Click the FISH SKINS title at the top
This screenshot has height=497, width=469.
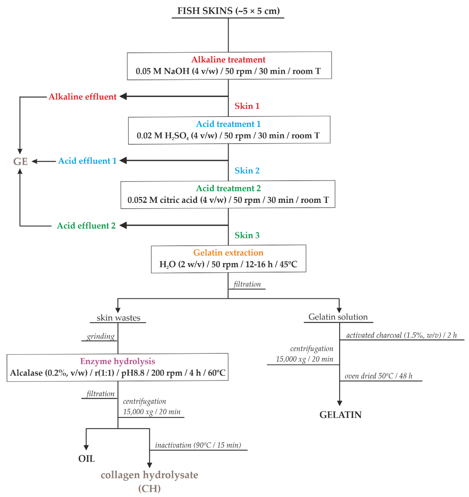point(228,11)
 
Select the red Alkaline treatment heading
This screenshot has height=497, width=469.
point(228,60)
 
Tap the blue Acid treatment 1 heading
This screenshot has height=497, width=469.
point(228,124)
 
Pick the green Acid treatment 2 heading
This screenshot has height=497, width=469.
point(228,188)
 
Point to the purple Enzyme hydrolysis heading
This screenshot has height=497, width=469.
point(117,361)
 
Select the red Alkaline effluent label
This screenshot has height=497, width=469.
point(82,97)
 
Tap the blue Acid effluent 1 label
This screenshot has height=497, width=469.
point(87,161)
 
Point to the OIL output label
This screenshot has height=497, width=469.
point(87,459)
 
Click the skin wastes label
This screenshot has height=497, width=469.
point(118,318)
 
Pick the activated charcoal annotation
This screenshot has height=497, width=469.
point(401,335)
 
